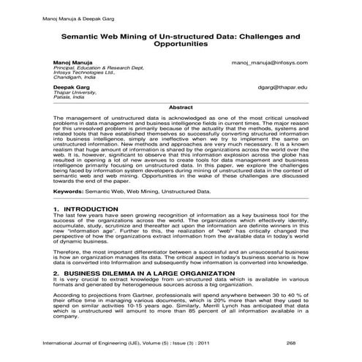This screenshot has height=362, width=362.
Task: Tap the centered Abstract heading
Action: point(180,108)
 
